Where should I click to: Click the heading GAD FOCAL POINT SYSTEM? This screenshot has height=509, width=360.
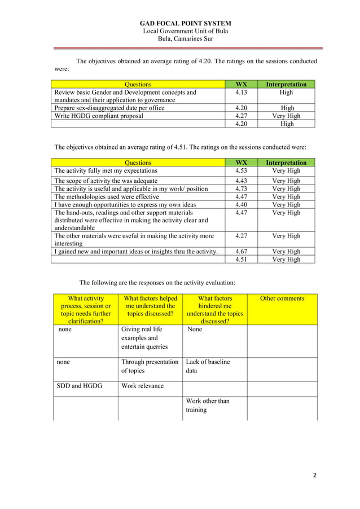pyautogui.click(x=185, y=23)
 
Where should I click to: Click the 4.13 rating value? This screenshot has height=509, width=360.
pyautogui.click(x=241, y=93)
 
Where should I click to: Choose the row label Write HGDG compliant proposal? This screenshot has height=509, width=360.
pyautogui.click(x=99, y=116)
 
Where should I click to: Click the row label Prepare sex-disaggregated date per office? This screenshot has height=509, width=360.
pyautogui.click(x=109, y=108)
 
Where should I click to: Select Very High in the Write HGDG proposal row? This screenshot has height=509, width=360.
pyautogui.click(x=287, y=116)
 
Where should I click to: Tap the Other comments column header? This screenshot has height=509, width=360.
pyautogui.click(x=282, y=299)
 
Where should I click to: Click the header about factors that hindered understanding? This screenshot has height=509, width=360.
pyautogui.click(x=215, y=310)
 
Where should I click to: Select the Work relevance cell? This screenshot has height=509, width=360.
pyautogui.click(x=142, y=387)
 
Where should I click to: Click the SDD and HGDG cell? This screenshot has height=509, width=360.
pyautogui.click(x=78, y=387)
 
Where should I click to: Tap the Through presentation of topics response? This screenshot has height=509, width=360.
pyautogui.click(x=150, y=366)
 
